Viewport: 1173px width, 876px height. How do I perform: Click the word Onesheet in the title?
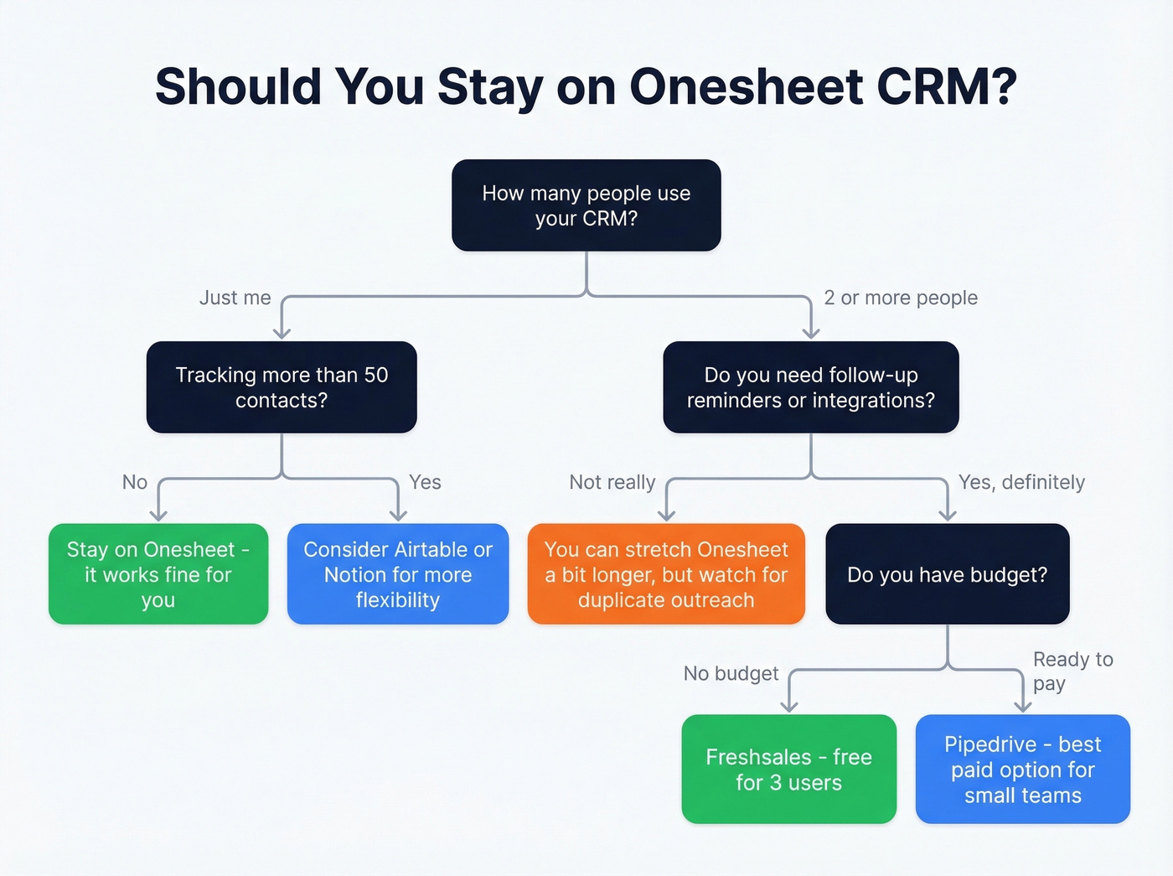click(747, 86)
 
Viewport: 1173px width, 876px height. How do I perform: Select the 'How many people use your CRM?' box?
click(586, 205)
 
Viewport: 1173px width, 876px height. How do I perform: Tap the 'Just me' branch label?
click(235, 298)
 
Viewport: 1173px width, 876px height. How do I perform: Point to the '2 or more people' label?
click(901, 298)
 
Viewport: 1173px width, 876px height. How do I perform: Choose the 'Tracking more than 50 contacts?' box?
click(282, 387)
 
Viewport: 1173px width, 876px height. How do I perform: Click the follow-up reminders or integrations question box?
click(810, 387)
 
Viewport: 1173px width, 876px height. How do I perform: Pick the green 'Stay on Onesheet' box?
click(158, 574)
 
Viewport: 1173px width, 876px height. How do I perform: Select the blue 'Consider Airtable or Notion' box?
click(398, 574)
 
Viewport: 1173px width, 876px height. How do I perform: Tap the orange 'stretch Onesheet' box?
click(666, 574)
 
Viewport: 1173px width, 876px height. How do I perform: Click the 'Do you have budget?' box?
click(948, 574)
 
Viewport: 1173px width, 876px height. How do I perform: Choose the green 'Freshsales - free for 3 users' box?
click(788, 770)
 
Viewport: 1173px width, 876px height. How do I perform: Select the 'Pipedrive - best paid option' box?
click(1023, 770)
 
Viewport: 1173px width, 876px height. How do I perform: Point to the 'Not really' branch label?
click(612, 482)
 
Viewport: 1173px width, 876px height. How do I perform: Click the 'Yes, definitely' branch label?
click(1021, 482)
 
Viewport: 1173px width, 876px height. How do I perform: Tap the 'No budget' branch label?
click(731, 673)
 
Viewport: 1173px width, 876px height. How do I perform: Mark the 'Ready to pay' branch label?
click(1072, 671)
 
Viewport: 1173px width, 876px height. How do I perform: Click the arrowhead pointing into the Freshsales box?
click(789, 707)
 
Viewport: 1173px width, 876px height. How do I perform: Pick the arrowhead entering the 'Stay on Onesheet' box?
click(158, 516)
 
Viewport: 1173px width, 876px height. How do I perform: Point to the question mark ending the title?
click(1002, 86)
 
